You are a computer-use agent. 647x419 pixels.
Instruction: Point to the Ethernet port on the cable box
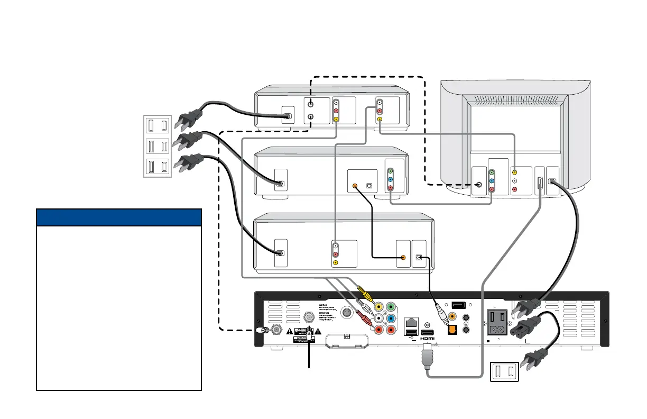click(411, 322)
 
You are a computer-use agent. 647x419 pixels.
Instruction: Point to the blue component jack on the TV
click(492, 180)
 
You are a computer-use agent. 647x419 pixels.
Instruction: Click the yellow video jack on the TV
click(515, 172)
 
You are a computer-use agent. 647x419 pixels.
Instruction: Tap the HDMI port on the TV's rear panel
click(539, 184)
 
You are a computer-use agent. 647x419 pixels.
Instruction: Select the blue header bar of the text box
click(119, 217)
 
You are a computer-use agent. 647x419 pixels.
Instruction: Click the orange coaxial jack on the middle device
click(355, 186)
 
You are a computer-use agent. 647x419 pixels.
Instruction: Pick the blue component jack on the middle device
click(390, 180)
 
